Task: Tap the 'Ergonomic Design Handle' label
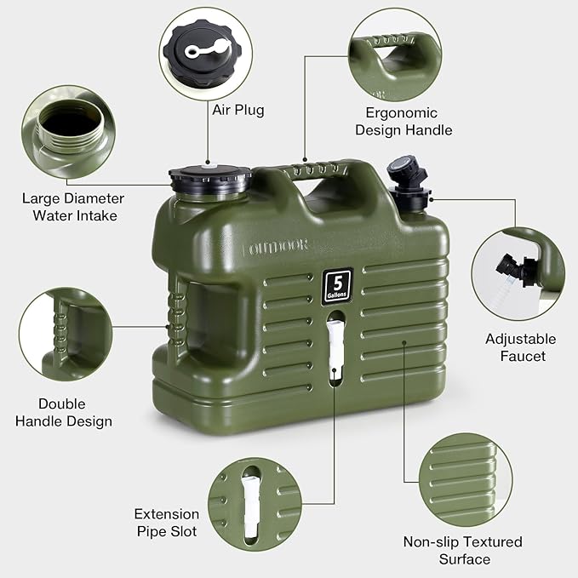point(403,122)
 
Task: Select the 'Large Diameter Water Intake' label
point(73,207)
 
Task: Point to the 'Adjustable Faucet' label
point(520,347)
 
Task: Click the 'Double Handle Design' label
point(74,412)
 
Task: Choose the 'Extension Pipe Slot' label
point(166,523)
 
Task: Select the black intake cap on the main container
point(210,179)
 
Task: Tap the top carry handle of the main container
point(323,166)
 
